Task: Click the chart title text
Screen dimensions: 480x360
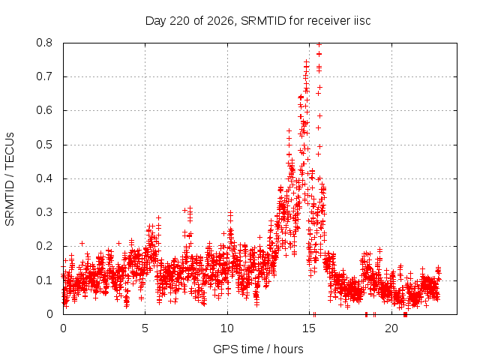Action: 258,21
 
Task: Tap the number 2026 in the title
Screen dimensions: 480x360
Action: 220,21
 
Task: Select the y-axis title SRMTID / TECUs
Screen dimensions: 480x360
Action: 10,179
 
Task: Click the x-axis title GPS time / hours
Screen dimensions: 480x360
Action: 258,349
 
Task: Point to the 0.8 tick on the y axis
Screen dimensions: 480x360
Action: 44,43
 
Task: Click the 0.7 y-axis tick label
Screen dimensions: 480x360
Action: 44,76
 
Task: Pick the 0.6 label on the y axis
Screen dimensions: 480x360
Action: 44,110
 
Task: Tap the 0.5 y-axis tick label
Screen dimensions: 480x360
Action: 44,145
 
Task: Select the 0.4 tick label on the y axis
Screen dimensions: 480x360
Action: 44,178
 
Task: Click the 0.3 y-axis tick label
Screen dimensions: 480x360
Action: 44,212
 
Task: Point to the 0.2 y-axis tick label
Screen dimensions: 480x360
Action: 44,246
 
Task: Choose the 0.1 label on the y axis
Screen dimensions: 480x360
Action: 44,280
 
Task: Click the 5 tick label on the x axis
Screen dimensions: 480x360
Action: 145,328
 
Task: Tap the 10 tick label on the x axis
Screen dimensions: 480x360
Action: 227,328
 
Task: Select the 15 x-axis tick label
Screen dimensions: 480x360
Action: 309,328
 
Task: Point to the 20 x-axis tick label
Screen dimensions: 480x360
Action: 391,328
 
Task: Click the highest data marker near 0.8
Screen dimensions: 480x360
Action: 319,45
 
